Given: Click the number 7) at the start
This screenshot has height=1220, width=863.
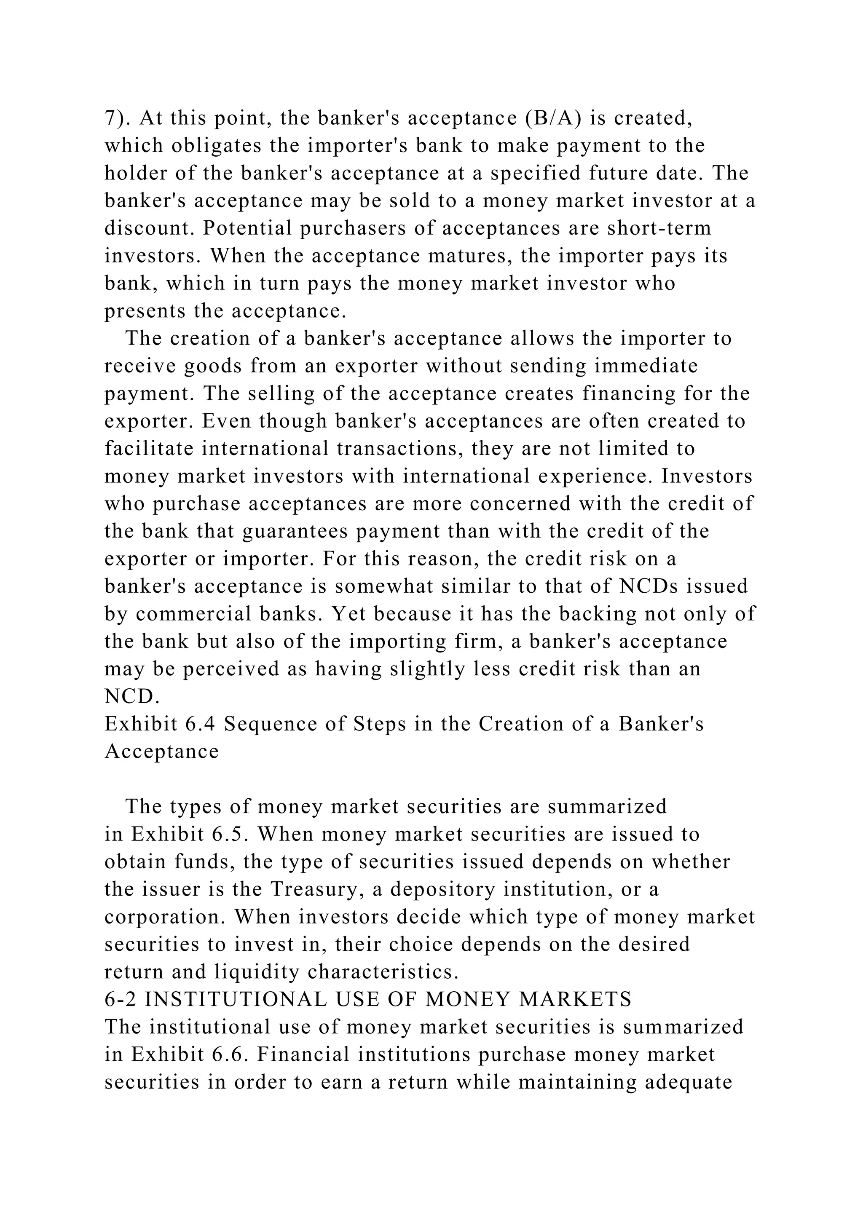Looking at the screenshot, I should coord(116,118).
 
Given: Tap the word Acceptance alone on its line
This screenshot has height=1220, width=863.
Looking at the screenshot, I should coord(161,752).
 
